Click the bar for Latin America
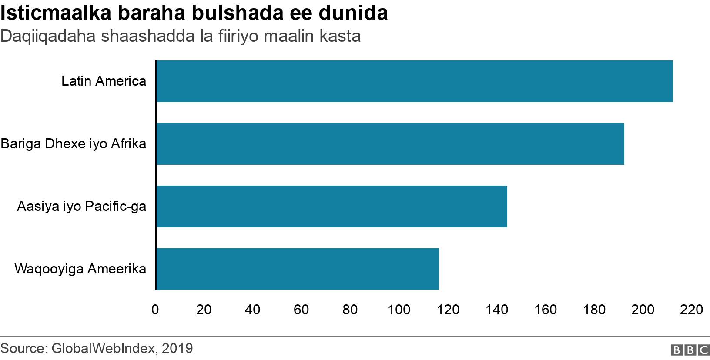(x=414, y=81)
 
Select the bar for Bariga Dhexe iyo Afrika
(x=390, y=144)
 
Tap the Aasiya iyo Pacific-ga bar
(x=332, y=207)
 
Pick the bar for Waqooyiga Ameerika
(x=297, y=269)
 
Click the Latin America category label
(x=104, y=81)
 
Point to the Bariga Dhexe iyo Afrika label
(x=74, y=144)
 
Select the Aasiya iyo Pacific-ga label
(x=81, y=207)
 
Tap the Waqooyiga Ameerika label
(x=80, y=269)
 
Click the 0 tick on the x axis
(x=155, y=310)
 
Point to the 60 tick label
(x=301, y=310)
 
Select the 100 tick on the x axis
(x=399, y=310)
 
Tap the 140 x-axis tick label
(x=496, y=310)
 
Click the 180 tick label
(x=594, y=310)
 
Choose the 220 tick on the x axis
(x=692, y=310)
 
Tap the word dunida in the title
(x=353, y=13)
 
